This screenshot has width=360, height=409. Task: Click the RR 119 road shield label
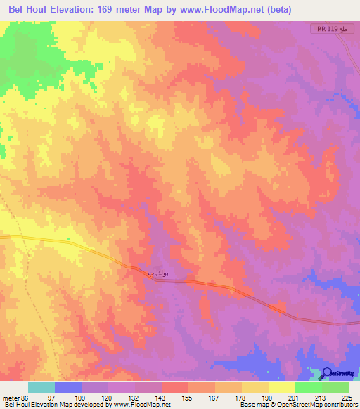(330, 29)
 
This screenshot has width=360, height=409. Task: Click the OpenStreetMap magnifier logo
(327, 374)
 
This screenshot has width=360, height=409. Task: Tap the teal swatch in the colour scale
(41, 387)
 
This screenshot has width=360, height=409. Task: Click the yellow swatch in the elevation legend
(281, 387)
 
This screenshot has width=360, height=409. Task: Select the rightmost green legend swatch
(335, 387)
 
